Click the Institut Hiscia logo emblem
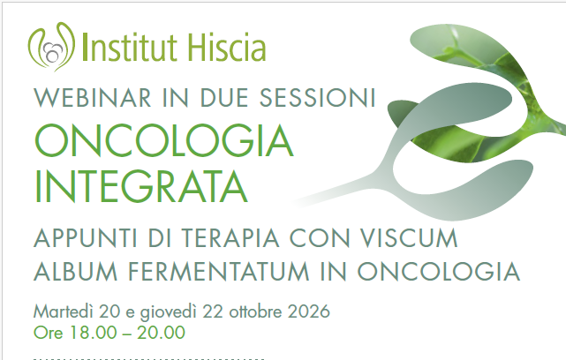[x=51, y=47]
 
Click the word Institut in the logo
[x=130, y=47]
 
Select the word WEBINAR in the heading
[x=93, y=98]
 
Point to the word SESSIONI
[x=318, y=98]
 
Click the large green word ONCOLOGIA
[x=164, y=140]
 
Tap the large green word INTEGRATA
[x=141, y=186]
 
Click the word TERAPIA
[x=230, y=238]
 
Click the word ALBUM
[x=75, y=271]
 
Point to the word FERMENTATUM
[x=219, y=271]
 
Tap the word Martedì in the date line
[x=64, y=311]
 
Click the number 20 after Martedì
[x=109, y=311]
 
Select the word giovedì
[x=169, y=312]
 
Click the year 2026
[x=309, y=311]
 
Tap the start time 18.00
[x=94, y=333]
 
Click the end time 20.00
[x=161, y=333]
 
